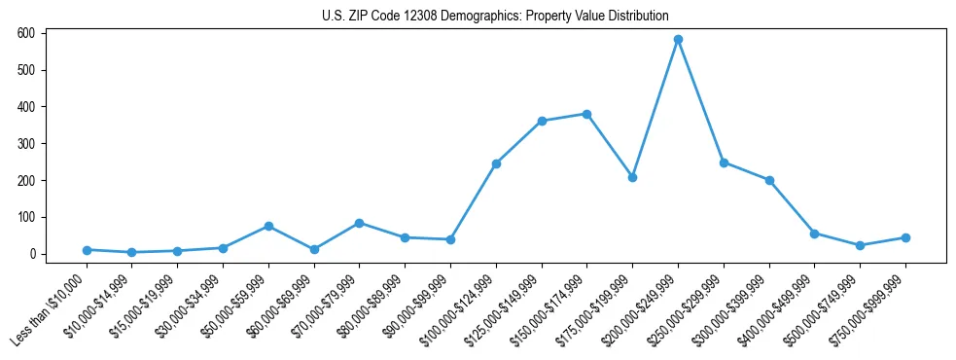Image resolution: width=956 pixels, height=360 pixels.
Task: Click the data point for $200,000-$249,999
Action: (678, 40)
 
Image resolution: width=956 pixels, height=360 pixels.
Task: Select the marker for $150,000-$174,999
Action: (586, 114)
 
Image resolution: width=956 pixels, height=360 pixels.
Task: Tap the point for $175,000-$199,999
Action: (632, 177)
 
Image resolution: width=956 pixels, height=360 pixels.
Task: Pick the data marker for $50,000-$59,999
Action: (268, 226)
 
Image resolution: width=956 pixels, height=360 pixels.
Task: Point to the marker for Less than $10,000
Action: (87, 250)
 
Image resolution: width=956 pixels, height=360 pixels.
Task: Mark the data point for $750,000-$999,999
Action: (905, 237)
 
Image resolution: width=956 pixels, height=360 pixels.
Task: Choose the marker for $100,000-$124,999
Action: (496, 163)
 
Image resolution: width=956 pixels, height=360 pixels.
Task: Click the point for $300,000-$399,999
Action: (769, 180)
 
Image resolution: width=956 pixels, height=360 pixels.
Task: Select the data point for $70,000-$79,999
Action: (360, 223)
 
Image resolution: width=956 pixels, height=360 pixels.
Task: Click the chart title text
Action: (495, 17)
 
